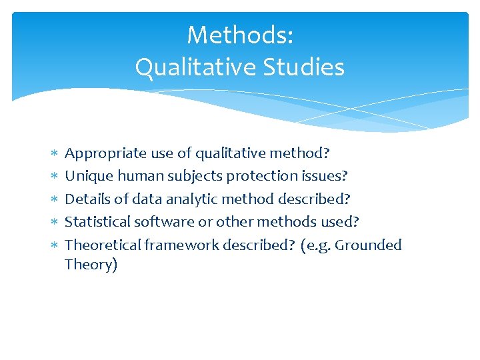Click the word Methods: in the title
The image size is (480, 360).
240,35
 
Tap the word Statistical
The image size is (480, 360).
97,221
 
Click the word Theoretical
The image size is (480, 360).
103,245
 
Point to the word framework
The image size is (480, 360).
181,245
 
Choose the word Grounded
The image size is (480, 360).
368,245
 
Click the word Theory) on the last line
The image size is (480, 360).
91,265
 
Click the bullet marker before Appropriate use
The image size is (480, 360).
55,154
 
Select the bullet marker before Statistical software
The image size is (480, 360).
55,222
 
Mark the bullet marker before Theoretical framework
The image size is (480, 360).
55,245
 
